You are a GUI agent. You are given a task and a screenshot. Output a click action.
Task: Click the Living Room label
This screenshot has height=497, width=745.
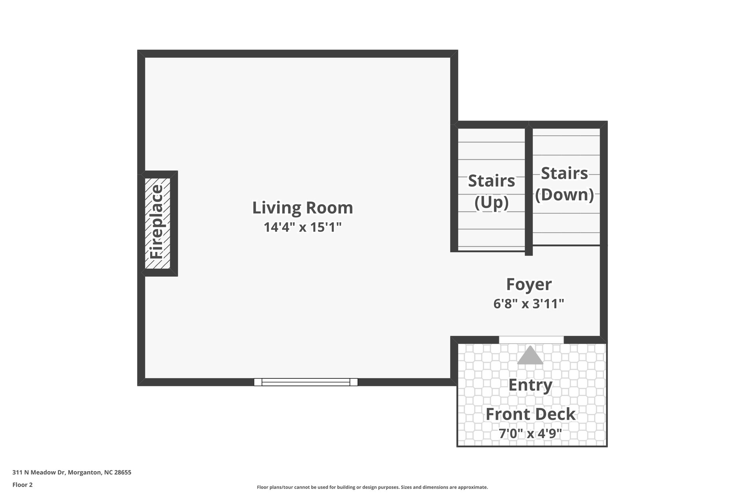[x=302, y=208]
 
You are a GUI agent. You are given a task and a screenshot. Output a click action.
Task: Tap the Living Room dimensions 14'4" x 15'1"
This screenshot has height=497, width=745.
[x=302, y=228]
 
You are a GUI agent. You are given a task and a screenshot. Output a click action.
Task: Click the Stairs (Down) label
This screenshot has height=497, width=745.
[x=564, y=184]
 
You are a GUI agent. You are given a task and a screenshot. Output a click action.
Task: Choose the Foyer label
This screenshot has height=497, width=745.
[x=529, y=284]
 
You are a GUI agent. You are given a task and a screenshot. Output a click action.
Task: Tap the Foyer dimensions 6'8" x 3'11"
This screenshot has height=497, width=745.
[x=529, y=304]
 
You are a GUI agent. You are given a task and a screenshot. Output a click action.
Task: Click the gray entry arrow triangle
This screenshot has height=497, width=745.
[x=530, y=356]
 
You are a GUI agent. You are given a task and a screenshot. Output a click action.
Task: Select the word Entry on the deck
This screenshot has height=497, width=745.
[x=530, y=385]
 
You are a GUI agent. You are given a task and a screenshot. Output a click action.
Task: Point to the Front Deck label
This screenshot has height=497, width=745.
[x=530, y=414]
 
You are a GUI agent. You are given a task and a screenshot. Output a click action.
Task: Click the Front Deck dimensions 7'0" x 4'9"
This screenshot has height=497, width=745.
[x=530, y=434]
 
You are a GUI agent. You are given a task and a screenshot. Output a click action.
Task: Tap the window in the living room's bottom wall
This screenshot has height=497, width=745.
[x=306, y=382]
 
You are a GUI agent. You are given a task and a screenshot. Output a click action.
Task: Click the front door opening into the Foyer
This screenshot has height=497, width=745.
[x=531, y=339]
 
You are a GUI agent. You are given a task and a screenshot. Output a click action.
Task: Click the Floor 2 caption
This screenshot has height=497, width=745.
[x=23, y=485]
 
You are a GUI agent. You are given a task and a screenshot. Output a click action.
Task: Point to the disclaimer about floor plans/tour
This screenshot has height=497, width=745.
[x=372, y=487]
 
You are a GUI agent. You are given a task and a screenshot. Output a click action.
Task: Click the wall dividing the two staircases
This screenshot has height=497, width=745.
[x=529, y=189]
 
